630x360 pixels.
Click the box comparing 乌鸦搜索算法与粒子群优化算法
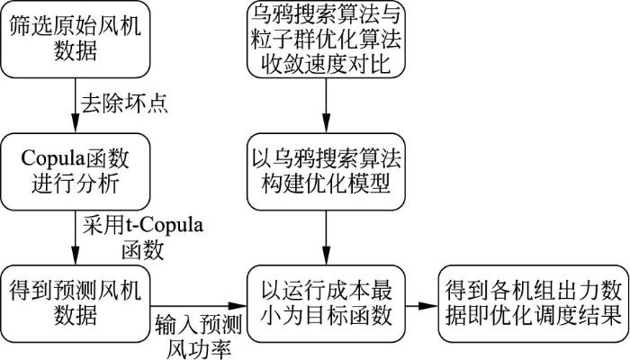click(326, 41)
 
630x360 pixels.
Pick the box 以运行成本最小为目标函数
click(326, 303)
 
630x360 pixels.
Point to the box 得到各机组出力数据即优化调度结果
click(531, 303)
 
